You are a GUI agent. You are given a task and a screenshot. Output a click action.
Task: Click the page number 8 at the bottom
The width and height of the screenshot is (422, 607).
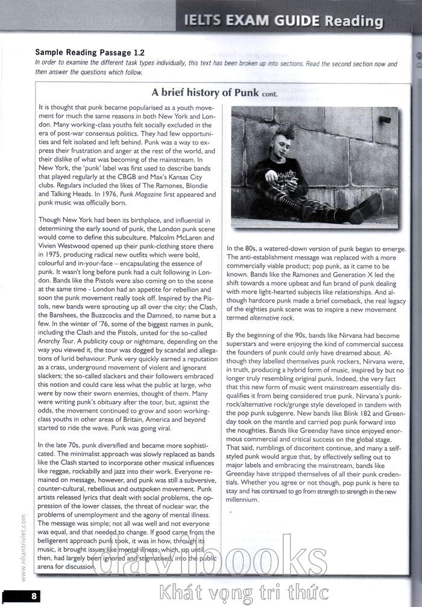(34, 596)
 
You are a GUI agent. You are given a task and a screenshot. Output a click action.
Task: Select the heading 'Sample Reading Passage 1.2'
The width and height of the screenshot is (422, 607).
(90, 53)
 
